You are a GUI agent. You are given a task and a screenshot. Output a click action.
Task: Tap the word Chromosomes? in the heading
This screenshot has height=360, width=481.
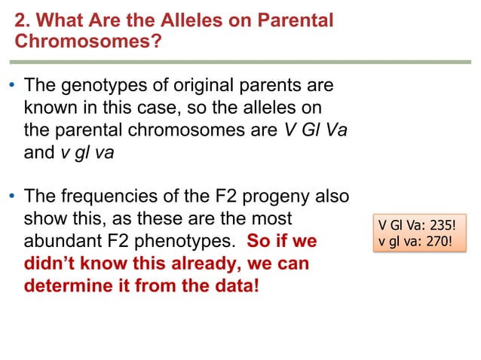point(88,41)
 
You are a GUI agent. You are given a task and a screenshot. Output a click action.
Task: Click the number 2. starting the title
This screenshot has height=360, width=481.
point(23,20)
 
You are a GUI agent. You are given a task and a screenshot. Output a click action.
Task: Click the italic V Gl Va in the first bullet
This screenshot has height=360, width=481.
point(316,129)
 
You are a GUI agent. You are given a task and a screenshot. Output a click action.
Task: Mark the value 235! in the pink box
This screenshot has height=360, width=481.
point(440,226)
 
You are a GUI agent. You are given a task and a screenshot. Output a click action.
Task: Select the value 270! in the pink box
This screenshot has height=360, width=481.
point(438,241)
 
